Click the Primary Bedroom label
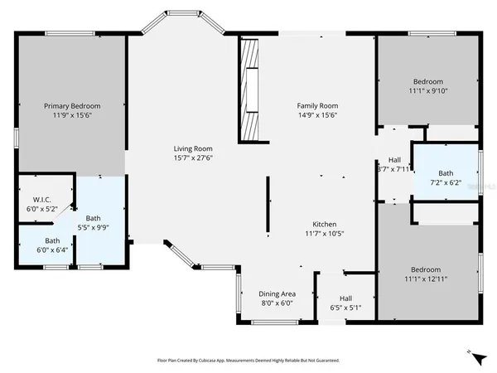click(73, 106)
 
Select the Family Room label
click(318, 105)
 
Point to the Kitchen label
click(324, 225)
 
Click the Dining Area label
click(277, 293)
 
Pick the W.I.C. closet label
click(42, 199)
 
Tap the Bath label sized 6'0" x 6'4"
click(52, 240)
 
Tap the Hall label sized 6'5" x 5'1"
click(346, 300)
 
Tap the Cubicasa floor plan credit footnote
click(248, 361)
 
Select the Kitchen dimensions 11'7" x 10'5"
click(324, 235)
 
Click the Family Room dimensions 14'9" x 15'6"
click(318, 115)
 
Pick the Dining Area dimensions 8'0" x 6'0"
click(277, 303)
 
